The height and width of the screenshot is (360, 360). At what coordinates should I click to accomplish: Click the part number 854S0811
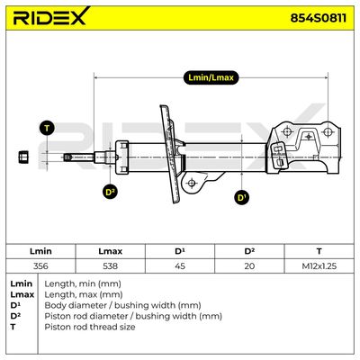[318, 18]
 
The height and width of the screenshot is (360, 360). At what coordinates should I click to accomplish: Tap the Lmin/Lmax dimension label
[211, 77]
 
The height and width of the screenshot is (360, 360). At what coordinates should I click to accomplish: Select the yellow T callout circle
[47, 128]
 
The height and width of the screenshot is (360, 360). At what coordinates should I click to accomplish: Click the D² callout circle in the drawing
[110, 192]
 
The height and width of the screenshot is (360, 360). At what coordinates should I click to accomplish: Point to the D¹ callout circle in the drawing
[242, 197]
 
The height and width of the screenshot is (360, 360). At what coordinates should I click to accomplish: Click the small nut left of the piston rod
[23, 157]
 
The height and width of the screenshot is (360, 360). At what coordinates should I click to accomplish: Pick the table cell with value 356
[40, 265]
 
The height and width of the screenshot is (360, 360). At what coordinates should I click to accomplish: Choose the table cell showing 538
[110, 265]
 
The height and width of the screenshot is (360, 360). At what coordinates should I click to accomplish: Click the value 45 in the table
[180, 265]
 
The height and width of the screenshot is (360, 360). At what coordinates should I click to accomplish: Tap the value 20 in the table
[249, 265]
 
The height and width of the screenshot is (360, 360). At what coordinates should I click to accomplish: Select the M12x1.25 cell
[319, 265]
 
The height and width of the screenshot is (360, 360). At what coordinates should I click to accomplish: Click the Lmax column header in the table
[110, 251]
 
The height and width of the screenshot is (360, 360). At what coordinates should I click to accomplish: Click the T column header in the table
[319, 251]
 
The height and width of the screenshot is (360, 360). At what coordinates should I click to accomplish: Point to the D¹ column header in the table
[180, 251]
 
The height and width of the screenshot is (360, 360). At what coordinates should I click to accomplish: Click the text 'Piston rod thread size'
[90, 327]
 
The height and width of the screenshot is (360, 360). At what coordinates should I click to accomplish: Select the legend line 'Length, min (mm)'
[83, 283]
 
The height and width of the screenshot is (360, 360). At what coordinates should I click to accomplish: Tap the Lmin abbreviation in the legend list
[21, 283]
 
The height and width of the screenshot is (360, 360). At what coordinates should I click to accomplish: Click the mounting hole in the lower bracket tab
[192, 183]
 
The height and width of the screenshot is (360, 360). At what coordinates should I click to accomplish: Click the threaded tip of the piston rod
[67, 157]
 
